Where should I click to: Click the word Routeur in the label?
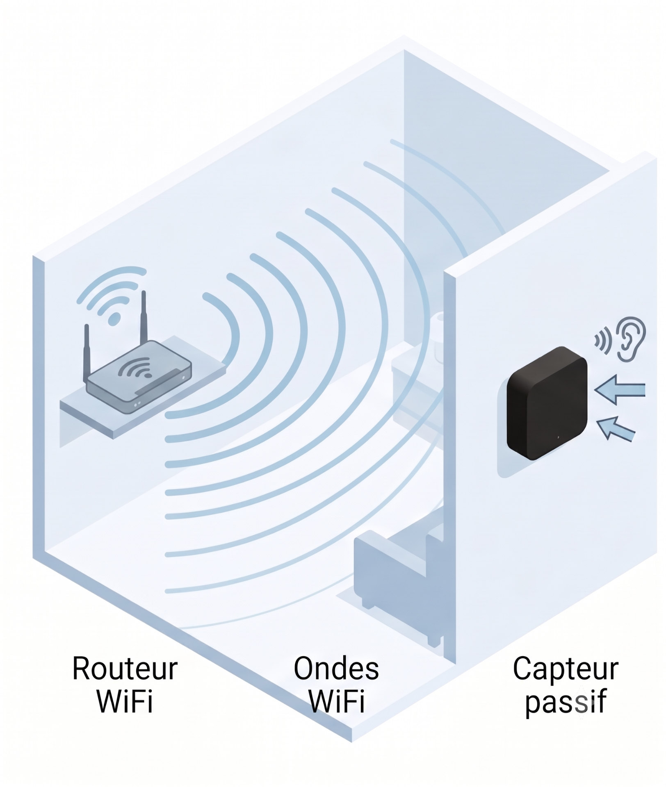tap(125, 669)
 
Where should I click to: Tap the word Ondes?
tap(336, 669)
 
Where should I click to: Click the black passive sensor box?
tap(547, 403)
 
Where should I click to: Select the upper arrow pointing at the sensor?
tap(620, 390)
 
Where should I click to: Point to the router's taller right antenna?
tap(144, 318)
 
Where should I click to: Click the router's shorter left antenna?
tap(87, 353)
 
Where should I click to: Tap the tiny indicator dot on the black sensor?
tap(559, 438)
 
